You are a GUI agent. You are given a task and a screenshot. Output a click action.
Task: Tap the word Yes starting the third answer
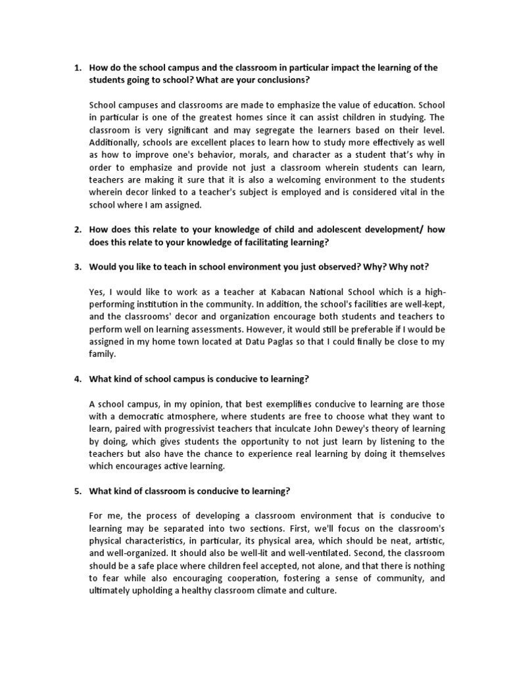click(x=96, y=291)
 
